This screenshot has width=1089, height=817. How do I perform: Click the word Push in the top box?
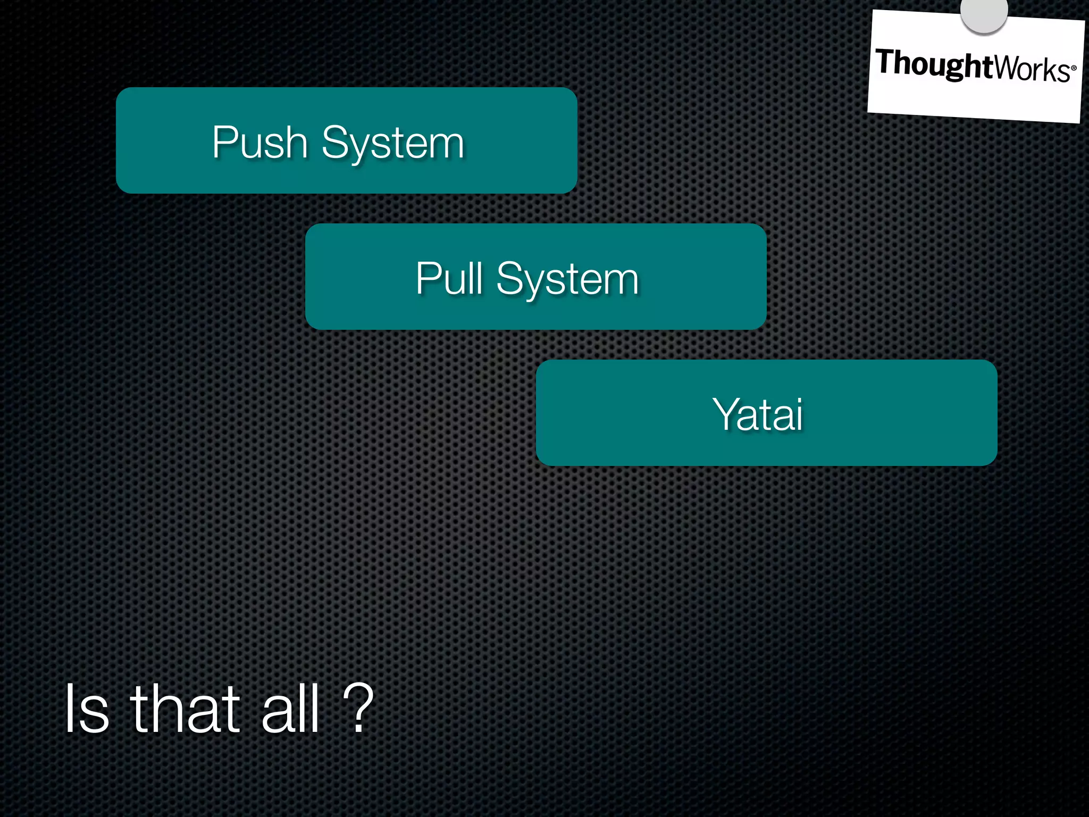tap(260, 142)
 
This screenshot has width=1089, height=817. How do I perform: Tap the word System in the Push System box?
tap(393, 143)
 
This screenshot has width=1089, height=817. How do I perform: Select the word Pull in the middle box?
tap(449, 278)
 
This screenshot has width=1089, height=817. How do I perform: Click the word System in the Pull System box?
tap(567, 279)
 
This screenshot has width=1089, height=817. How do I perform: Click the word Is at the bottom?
tap(87, 709)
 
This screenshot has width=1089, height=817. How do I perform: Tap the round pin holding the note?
tap(984, 13)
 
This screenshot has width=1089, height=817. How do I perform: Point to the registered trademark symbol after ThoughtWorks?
tap(1074, 68)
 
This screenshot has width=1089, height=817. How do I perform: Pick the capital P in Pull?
tap(429, 278)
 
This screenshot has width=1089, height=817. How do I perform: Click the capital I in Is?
tap(69, 709)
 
